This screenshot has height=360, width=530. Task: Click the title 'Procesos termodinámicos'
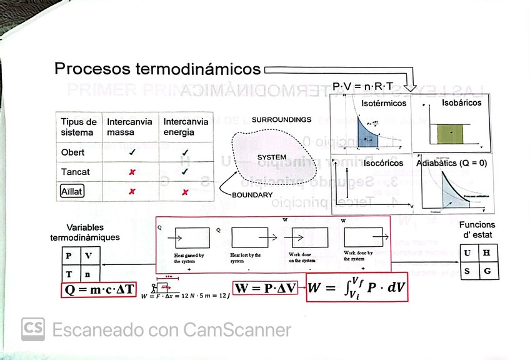coord(157,68)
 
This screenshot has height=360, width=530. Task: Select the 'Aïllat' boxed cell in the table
coord(72,191)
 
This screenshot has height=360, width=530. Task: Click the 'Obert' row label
coord(72,152)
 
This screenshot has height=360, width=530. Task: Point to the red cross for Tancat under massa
coord(131,172)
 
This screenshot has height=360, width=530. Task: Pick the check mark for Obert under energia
coord(185,152)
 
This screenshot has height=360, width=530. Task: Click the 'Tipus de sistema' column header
coord(79,127)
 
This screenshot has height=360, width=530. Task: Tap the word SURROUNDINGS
coord(281,119)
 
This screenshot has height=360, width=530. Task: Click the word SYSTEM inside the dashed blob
coord(272,157)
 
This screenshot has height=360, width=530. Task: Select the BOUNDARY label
coord(252,195)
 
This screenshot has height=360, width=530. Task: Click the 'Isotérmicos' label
coord(384,103)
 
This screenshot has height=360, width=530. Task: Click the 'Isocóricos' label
coord(383,162)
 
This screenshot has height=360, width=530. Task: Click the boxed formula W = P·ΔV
coord(266,288)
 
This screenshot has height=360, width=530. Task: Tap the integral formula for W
coord(356,287)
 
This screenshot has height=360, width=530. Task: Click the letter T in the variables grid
coord(68,273)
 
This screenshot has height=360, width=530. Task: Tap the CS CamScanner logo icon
coord(32,329)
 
